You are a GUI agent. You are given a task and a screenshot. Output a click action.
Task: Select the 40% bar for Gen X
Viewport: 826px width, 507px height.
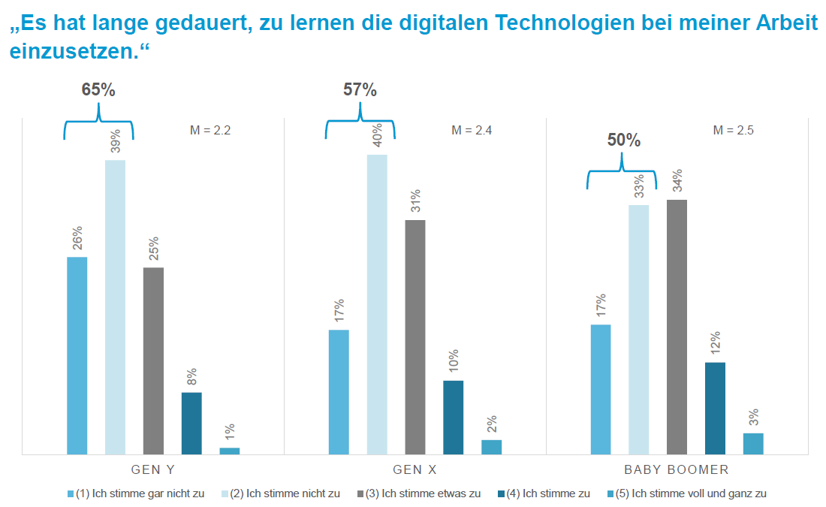tap(377, 304)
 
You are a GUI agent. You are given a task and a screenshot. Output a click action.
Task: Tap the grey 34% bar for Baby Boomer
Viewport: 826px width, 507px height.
tap(677, 327)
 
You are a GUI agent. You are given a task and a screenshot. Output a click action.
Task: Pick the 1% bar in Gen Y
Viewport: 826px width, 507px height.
tap(230, 451)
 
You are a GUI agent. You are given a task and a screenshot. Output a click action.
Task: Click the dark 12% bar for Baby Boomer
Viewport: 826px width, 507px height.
tap(715, 408)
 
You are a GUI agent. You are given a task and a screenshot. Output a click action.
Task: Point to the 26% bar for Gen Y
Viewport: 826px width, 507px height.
tap(77, 355)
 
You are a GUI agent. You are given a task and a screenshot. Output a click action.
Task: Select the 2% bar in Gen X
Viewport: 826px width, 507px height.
tap(491, 447)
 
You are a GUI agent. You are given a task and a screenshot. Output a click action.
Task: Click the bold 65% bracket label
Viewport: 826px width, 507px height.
tap(98, 90)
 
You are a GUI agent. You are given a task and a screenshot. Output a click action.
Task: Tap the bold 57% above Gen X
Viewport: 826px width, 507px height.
tap(360, 90)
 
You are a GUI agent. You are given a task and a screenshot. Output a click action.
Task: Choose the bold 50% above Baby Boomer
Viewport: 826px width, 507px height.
tap(623, 140)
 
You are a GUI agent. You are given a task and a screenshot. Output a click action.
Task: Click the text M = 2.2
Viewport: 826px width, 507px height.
tap(210, 130)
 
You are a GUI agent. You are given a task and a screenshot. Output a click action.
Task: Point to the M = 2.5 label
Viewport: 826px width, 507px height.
tap(733, 130)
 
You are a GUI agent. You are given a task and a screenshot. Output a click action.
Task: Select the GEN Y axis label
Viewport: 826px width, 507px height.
tap(153, 470)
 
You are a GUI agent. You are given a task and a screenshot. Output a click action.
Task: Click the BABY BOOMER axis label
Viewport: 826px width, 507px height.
tap(677, 470)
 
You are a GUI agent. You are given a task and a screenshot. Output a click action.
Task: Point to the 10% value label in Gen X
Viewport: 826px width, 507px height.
tap(454, 362)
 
